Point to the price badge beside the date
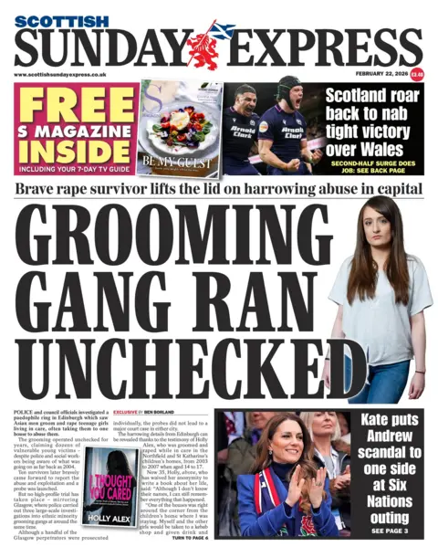[x=417, y=73]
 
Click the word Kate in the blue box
[x=365, y=421]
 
